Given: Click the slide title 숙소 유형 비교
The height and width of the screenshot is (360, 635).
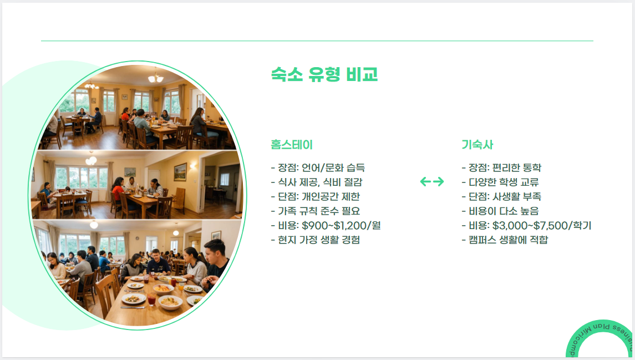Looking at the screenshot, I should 324,74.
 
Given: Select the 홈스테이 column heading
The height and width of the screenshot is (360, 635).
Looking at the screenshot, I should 292,145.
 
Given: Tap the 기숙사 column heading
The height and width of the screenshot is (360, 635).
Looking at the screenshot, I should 477,145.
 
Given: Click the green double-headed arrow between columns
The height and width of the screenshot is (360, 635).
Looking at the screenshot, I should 432,181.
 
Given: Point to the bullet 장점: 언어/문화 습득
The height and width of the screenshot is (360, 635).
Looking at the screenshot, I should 318,168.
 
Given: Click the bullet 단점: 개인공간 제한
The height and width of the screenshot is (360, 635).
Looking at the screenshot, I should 316,196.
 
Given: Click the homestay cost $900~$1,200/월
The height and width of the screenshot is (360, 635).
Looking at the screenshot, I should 341,225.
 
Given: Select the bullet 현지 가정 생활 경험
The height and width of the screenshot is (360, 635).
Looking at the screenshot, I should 315,240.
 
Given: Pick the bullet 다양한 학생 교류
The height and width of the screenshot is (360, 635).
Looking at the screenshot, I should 500,182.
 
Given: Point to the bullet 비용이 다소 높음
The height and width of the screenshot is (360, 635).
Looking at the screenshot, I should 500,211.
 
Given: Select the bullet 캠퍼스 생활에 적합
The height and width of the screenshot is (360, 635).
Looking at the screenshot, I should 504,240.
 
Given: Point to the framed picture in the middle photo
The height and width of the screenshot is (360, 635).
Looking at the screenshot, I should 180,171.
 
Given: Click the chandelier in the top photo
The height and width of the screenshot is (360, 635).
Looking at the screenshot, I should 156,78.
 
